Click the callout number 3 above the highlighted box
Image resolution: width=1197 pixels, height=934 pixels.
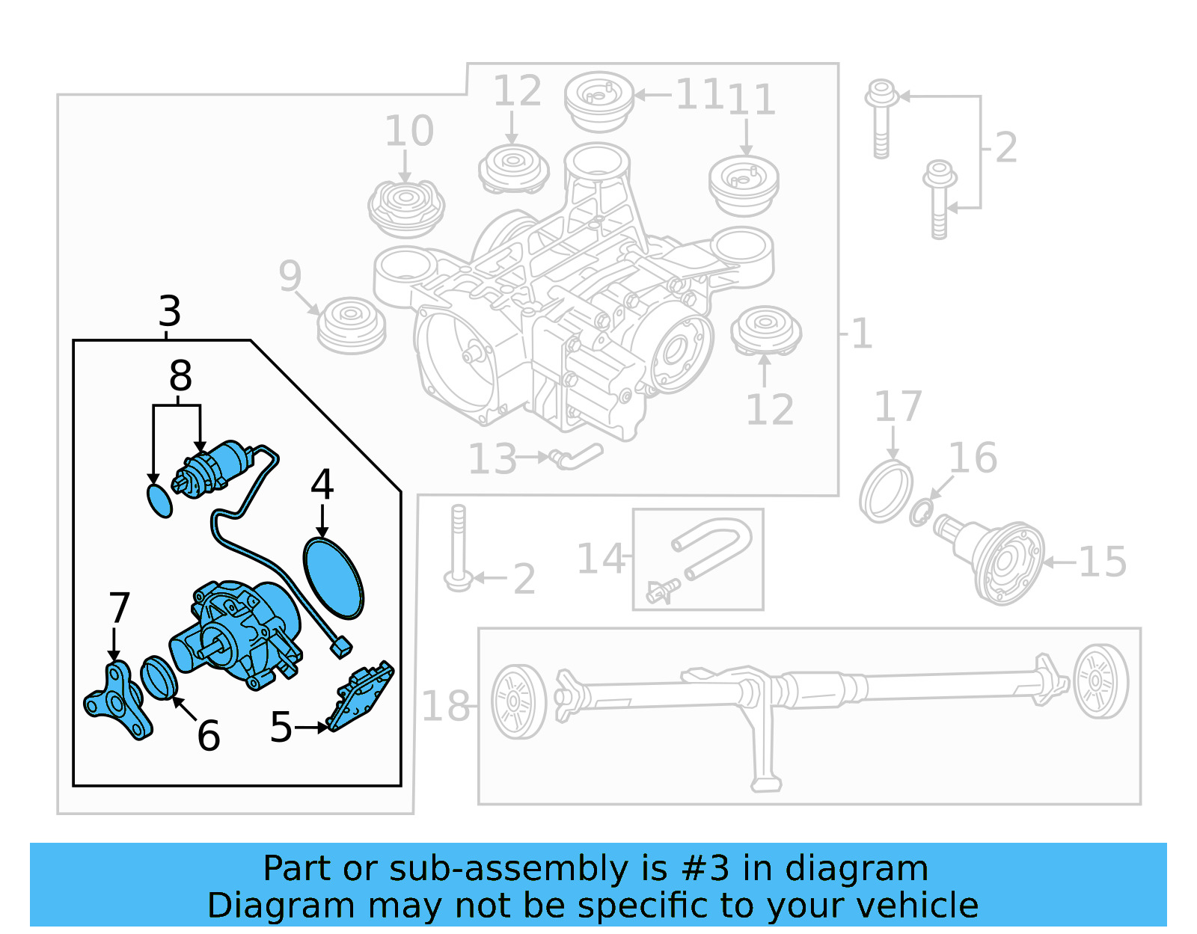tap(170, 311)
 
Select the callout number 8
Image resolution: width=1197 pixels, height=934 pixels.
tap(180, 376)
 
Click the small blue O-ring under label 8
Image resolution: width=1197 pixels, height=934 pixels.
tap(159, 501)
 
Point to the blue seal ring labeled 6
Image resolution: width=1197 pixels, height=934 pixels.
tap(159, 678)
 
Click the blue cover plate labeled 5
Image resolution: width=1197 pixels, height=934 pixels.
tap(361, 695)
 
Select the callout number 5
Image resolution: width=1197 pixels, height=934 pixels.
tap(281, 727)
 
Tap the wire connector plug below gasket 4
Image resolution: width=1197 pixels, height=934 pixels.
tap(342, 647)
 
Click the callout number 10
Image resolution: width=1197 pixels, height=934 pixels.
tap(408, 132)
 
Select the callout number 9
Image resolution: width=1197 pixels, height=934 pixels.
tap(290, 276)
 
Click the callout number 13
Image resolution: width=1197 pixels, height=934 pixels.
tap(492, 459)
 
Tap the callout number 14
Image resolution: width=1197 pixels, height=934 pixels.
tap(601, 559)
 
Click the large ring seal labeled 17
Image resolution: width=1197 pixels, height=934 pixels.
tap(886, 492)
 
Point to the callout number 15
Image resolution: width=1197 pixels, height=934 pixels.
tap(1102, 562)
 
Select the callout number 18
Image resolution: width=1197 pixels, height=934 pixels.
tap(446, 706)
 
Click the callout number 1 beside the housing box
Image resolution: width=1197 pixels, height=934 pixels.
tap(861, 334)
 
